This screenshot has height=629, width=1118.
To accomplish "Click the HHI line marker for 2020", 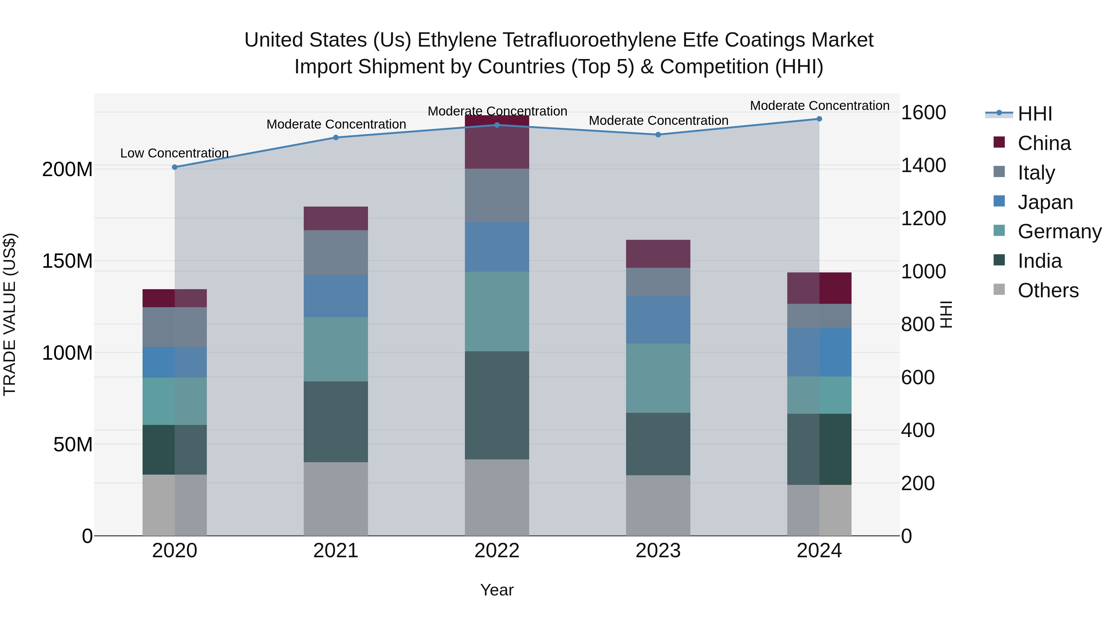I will (175, 167).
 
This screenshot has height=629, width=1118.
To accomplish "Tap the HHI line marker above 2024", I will (819, 119).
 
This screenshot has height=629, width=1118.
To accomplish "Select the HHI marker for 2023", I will (658, 134).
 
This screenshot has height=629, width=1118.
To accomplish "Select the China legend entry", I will (1044, 143).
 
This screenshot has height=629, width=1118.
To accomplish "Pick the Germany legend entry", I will (1059, 231).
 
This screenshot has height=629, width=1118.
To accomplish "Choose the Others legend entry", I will (1048, 290).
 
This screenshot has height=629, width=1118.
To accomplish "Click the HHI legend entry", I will (1035, 114).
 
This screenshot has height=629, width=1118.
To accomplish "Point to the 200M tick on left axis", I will (67, 169).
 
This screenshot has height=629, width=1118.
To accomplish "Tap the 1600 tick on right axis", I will (923, 113).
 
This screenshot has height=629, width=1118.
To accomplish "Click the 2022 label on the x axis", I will (497, 551).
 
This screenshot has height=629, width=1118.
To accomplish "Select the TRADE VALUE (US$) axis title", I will (10, 314).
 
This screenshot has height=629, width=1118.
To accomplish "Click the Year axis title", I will (497, 590).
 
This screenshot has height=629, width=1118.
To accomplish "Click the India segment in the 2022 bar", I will (497, 405).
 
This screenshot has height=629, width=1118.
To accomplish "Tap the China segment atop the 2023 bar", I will (658, 253).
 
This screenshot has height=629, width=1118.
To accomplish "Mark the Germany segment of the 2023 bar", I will (658, 378).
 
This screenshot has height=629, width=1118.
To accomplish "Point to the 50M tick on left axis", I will (73, 444).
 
